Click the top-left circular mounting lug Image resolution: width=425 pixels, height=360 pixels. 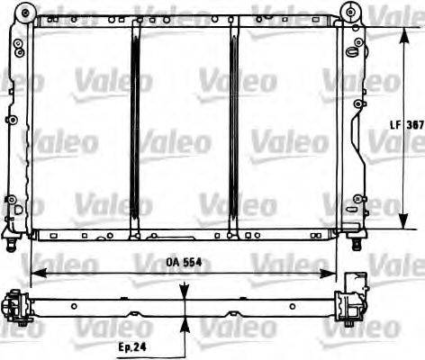22,13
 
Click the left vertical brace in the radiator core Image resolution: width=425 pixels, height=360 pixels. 135,126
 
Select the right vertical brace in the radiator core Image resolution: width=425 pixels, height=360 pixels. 233,126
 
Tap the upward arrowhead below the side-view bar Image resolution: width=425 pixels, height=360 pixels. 186,322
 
